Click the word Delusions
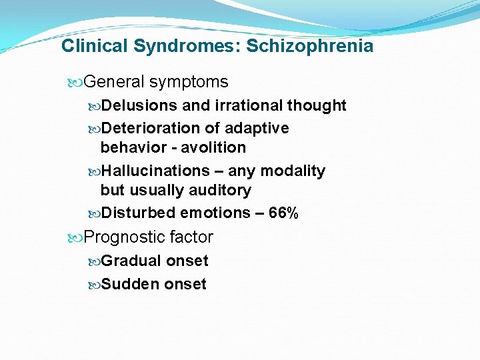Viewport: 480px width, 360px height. coord(139,105)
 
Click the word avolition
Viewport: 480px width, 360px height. coord(216,147)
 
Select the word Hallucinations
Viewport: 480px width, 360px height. coord(155,171)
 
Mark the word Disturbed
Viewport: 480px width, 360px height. coord(141,213)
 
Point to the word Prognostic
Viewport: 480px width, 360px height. coord(125,237)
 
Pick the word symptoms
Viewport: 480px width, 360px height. coord(189,83)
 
